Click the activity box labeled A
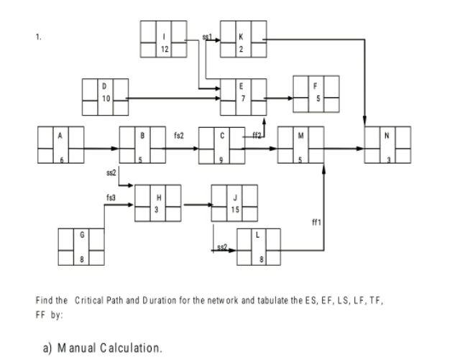(x=60, y=146)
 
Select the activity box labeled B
(x=142, y=146)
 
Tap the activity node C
(x=221, y=146)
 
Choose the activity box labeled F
(x=316, y=93)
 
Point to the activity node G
(x=81, y=247)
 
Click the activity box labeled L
(x=259, y=247)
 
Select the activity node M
(x=300, y=146)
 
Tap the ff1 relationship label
(x=314, y=223)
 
